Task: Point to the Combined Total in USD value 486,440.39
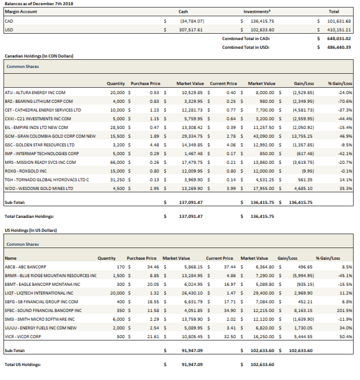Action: tap(339, 47)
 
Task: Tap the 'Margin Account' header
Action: tap(19, 11)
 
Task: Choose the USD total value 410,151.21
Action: tap(339, 28)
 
